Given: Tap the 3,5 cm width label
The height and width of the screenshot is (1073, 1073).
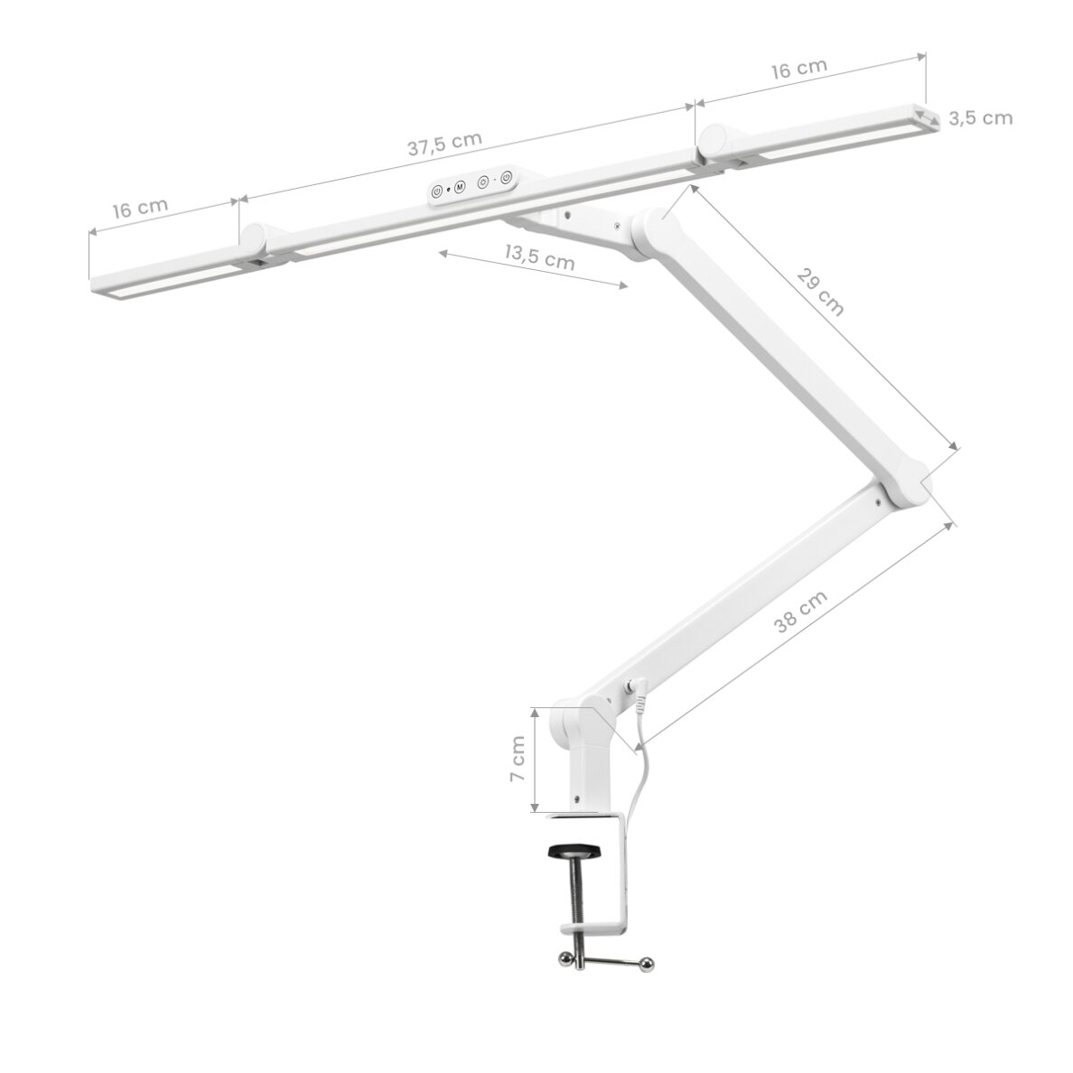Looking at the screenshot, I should click(x=980, y=118).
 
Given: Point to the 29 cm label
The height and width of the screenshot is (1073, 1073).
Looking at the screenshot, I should click(x=820, y=292).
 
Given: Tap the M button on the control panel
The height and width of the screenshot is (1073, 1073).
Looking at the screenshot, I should click(x=459, y=187).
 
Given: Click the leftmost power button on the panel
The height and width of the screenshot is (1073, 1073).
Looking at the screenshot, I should click(x=436, y=191).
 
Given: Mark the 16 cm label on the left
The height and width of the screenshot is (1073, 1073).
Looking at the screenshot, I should click(x=140, y=208).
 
